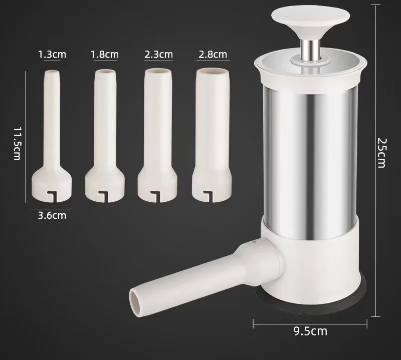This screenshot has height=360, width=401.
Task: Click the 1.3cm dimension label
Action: [x=52, y=54]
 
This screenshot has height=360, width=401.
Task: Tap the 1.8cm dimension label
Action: [x=105, y=54]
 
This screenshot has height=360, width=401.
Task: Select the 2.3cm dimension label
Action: [x=158, y=54]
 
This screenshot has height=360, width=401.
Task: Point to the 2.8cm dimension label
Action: [x=213, y=54]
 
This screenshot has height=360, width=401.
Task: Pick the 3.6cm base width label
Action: [x=52, y=215]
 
